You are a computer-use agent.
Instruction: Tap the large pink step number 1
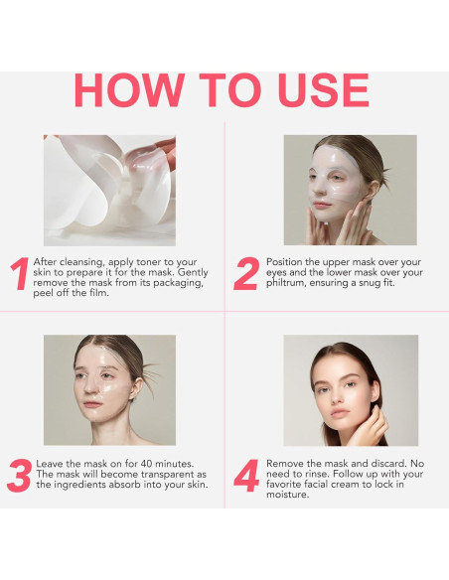point(19,275)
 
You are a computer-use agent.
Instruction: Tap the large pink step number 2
point(245,275)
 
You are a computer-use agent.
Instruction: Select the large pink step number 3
point(19,476)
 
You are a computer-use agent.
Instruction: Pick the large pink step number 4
point(245,476)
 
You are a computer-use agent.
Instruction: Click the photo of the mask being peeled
point(109,190)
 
